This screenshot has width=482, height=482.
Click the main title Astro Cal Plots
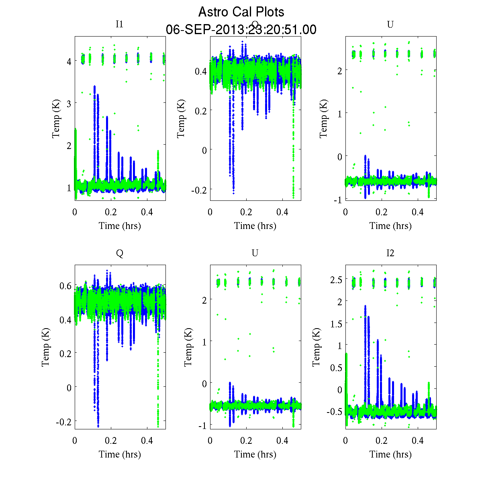(x=241, y=12)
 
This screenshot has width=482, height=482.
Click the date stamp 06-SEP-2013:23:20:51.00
(x=241, y=30)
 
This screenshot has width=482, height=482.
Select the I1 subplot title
(x=119, y=24)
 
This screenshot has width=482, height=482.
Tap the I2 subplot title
(x=390, y=253)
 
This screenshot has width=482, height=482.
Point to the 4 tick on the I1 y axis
(x=69, y=61)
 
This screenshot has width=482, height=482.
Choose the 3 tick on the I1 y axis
(x=69, y=103)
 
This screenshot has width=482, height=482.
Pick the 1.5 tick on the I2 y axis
(x=336, y=323)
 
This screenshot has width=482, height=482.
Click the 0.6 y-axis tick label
(x=65, y=286)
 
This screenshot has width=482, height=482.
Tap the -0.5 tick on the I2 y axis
(x=334, y=412)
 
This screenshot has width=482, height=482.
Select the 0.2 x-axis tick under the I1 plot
(x=111, y=212)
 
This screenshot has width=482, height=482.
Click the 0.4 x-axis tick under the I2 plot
(x=418, y=441)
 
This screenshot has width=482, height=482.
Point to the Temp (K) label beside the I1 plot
(x=57, y=119)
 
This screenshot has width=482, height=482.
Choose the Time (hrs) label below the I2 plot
(x=390, y=454)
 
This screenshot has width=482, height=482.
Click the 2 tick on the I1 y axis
(x=69, y=145)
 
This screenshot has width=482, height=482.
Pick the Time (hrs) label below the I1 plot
(x=120, y=226)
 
